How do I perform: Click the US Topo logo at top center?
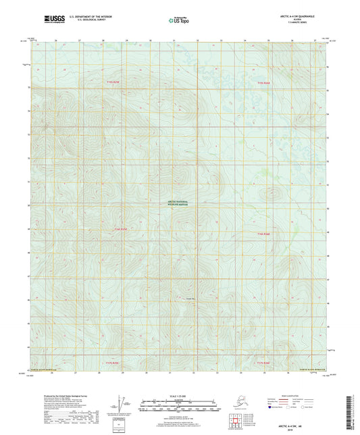coord(177,21)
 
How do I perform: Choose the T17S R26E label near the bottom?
coord(263,363)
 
